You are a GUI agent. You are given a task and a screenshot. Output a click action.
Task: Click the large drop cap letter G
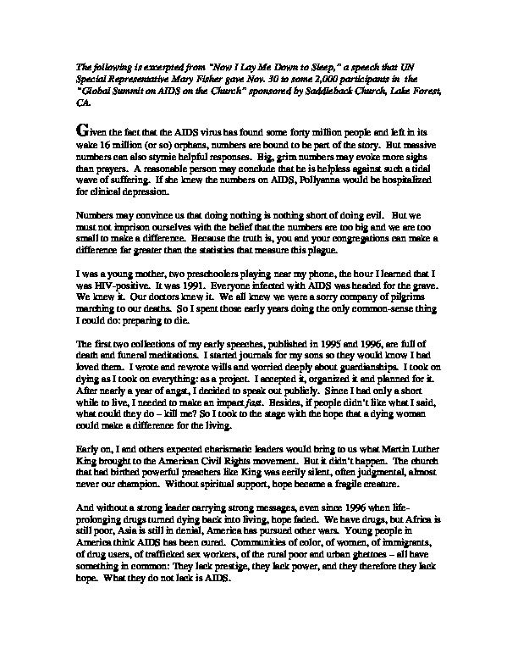(x=81, y=131)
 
